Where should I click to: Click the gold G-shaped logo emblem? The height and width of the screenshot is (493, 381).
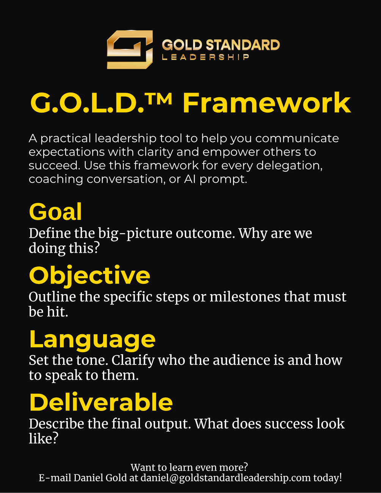[x=130, y=50]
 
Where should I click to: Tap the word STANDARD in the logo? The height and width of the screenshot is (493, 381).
[x=243, y=45]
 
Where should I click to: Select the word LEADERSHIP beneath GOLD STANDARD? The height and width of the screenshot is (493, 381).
[x=205, y=57]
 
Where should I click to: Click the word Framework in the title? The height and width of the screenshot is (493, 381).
[x=267, y=103]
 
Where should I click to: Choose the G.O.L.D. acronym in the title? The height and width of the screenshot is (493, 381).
[x=87, y=103]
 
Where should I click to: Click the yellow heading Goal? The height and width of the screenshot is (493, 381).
[x=55, y=211]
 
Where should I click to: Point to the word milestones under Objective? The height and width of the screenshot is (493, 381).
[x=245, y=297]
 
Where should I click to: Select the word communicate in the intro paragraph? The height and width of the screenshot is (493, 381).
[x=297, y=138]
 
